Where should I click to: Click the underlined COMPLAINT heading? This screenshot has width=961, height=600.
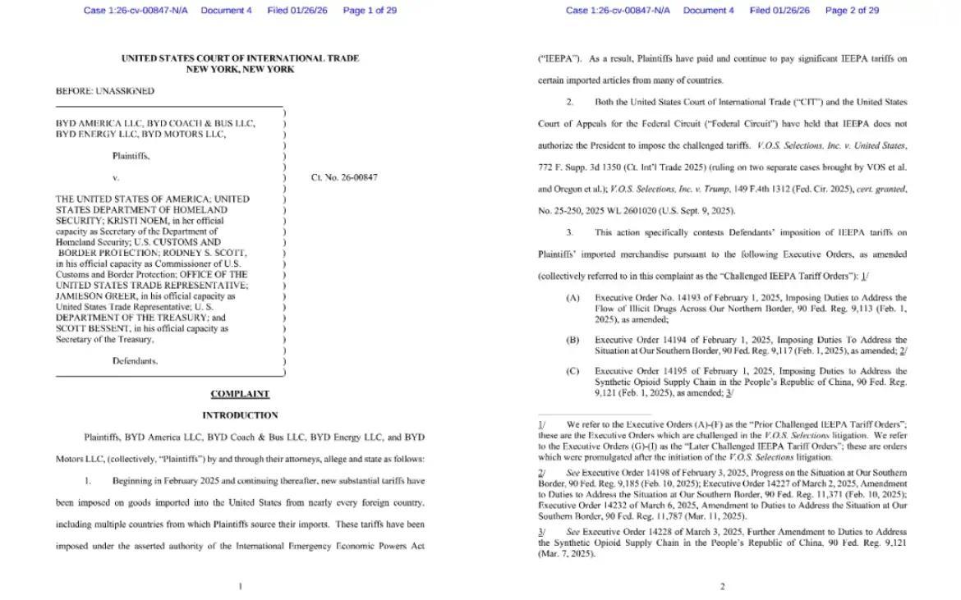point(240,394)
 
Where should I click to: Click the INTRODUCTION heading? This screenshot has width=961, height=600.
point(240,415)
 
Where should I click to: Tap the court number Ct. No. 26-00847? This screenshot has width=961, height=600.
point(344,177)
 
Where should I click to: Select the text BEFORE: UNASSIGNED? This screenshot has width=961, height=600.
point(105,91)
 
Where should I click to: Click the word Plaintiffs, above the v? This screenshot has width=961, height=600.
point(131,156)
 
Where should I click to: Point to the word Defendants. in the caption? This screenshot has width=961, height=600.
point(135,361)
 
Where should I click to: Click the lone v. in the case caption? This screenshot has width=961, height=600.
point(116,177)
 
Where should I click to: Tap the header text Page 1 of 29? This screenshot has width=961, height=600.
point(370,11)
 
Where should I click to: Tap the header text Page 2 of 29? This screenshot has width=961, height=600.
point(852,11)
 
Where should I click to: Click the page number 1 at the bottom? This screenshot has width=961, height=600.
point(240,586)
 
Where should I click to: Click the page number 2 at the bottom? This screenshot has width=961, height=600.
point(722,586)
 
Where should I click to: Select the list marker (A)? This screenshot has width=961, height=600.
point(572,298)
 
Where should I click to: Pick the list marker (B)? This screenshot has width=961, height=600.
point(572,340)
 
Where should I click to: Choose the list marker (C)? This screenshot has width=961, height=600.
point(572,371)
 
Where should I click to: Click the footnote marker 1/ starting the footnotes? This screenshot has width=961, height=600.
point(541,425)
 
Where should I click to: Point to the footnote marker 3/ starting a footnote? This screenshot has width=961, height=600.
point(541,533)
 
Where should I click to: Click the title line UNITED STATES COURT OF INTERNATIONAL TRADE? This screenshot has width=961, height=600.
point(240,58)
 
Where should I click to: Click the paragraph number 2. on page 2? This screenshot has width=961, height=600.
point(570,102)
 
